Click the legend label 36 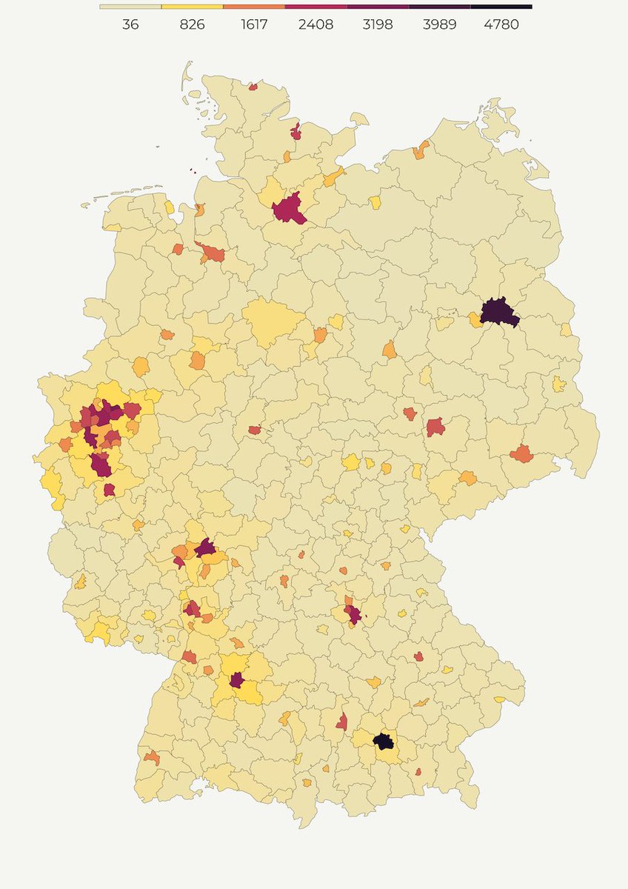(x=130, y=24)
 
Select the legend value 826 (x=193, y=24)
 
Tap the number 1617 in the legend (x=254, y=24)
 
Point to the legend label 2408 (x=315, y=24)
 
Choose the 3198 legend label (x=378, y=24)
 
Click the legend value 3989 (x=439, y=24)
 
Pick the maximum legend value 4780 (x=501, y=24)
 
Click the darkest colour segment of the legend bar (x=501, y=7)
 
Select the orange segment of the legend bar (x=254, y=7)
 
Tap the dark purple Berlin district (x=500, y=312)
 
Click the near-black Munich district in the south (x=383, y=741)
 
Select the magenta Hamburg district (x=290, y=208)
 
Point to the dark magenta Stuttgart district (x=237, y=680)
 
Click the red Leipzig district (x=435, y=427)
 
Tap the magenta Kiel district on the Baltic (x=296, y=133)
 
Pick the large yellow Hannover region (x=273, y=322)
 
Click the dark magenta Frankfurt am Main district (x=205, y=548)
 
